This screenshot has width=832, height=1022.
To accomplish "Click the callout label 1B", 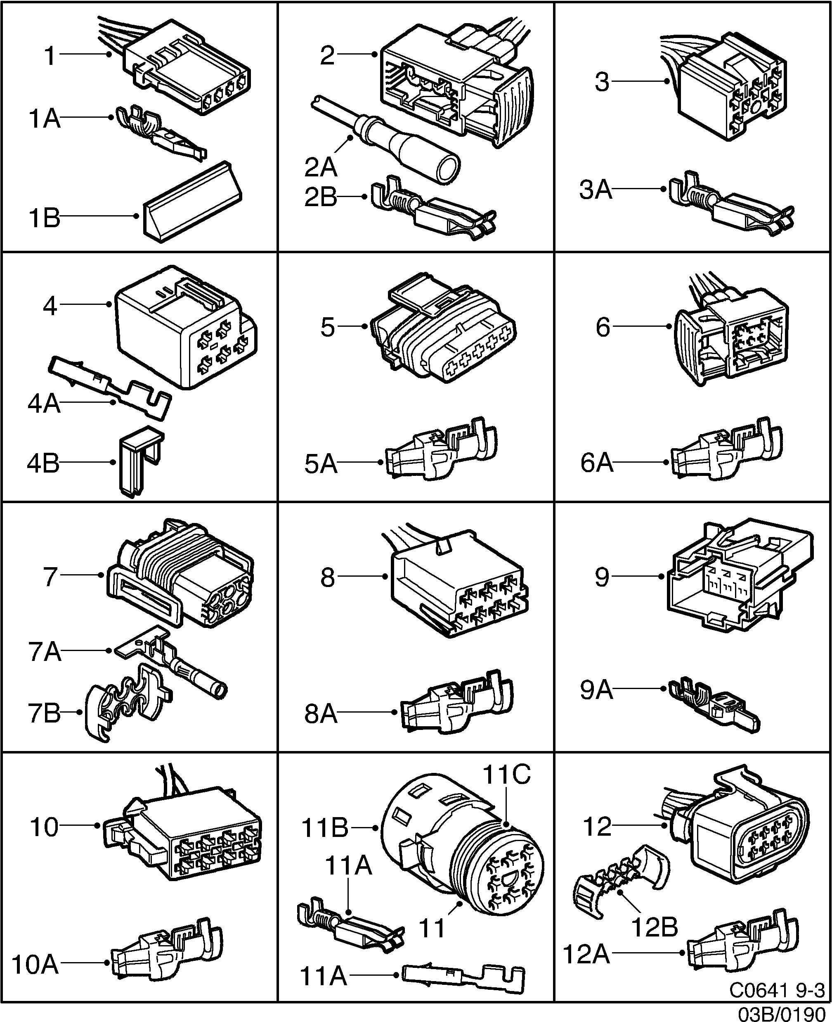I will click(x=45, y=218).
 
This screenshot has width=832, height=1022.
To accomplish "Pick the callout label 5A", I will click(x=321, y=464).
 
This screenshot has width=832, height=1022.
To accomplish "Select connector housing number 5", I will click(x=441, y=331).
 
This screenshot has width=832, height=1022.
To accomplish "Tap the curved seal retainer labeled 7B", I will click(x=127, y=703).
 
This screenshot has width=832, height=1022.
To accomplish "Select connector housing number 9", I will click(x=738, y=575).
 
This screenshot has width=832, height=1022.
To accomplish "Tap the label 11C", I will click(x=506, y=774).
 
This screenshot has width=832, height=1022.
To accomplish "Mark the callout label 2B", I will click(x=321, y=197).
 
